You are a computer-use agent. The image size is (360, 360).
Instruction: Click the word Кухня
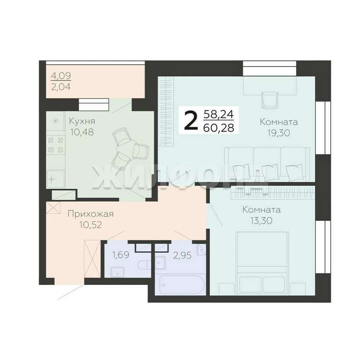[82, 121]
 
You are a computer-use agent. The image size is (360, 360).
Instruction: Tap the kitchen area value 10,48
[82, 132]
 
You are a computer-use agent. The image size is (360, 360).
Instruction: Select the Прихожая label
[91, 214]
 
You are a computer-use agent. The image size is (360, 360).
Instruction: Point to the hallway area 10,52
[91, 225]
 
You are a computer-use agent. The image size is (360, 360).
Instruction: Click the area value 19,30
[279, 133]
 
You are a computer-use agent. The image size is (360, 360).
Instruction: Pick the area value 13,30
[261, 221]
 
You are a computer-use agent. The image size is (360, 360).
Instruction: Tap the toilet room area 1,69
[121, 255]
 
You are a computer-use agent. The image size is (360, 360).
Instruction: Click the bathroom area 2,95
[182, 255]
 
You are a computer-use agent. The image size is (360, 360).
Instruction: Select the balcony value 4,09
[61, 75]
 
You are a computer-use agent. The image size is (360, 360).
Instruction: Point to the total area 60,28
[219, 127]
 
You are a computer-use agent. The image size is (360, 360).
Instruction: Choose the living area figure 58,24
[219, 114]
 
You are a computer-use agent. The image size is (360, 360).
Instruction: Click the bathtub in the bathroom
[181, 285]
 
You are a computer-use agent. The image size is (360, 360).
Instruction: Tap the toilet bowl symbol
[144, 265]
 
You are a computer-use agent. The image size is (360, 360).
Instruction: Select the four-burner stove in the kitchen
[56, 145]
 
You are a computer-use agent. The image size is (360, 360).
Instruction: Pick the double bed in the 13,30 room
[262, 263]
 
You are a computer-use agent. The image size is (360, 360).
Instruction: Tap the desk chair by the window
[270, 100]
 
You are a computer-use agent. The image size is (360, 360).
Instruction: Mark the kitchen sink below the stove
[55, 180]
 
